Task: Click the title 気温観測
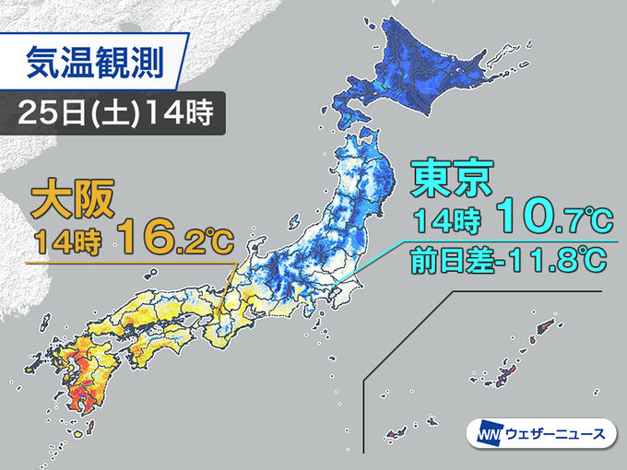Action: pos(93,63)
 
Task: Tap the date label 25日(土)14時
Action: pos(116,114)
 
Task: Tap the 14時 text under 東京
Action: pos(442,222)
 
